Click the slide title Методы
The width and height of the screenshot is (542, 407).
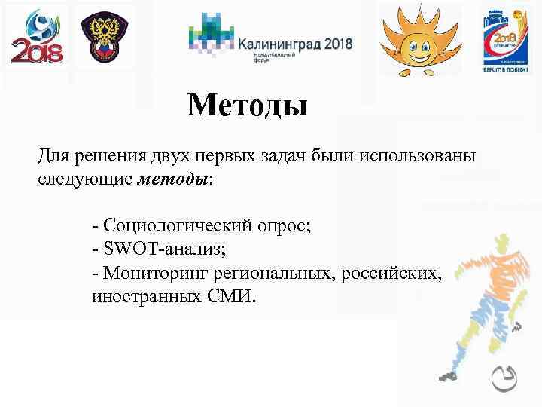click(248, 105)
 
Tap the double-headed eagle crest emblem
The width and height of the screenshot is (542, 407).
click(106, 38)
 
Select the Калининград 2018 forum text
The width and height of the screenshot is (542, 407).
click(294, 44)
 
